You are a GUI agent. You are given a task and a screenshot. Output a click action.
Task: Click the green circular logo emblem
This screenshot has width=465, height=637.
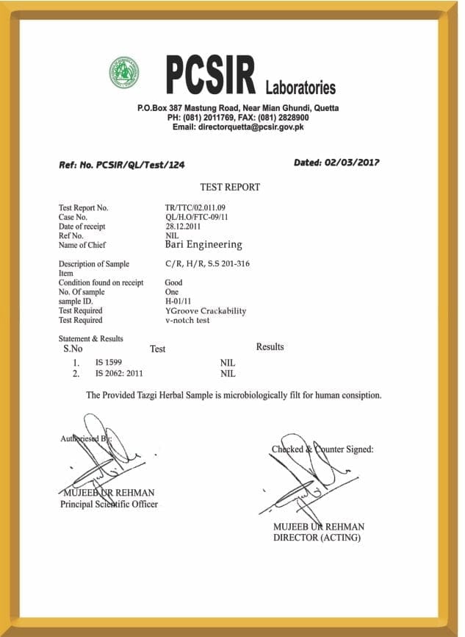tap(124, 73)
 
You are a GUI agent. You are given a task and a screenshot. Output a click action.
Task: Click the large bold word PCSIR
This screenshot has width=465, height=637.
tap(210, 76)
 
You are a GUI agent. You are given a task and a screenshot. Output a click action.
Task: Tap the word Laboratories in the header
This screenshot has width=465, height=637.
tap(300, 88)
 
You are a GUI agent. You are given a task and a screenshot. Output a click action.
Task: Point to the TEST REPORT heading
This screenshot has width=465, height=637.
tap(230, 188)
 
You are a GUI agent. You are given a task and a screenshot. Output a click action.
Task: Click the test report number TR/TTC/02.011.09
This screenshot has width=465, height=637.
tap(195, 208)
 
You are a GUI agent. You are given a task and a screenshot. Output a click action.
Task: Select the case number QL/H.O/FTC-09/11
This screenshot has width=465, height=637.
tap(196, 218)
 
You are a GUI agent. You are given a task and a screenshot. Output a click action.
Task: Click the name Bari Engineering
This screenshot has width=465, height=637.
tap(203, 245)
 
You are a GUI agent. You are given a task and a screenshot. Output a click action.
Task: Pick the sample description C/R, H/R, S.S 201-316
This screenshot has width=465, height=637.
tap(208, 263)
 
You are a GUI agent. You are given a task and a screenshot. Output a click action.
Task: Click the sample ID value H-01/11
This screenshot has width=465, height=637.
tap(178, 302)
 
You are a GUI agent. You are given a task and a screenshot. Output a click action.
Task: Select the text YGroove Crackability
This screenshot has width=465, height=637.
tap(206, 311)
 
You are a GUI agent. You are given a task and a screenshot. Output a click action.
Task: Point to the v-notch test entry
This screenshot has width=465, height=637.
tap(187, 321)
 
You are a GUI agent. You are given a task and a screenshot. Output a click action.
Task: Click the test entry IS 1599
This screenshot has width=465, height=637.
tap(109, 363)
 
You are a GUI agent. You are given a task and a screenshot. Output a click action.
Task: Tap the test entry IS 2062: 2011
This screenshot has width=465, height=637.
tap(120, 374)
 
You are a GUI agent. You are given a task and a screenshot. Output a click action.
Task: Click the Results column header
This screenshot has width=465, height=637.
tap(270, 346)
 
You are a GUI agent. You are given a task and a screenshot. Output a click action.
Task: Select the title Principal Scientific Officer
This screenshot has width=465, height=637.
tap(109, 504)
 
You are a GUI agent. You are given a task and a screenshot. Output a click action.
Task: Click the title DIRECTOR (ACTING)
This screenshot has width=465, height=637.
tap(317, 538)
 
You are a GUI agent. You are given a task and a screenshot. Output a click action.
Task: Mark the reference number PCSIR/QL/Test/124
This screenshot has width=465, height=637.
tap(140, 166)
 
